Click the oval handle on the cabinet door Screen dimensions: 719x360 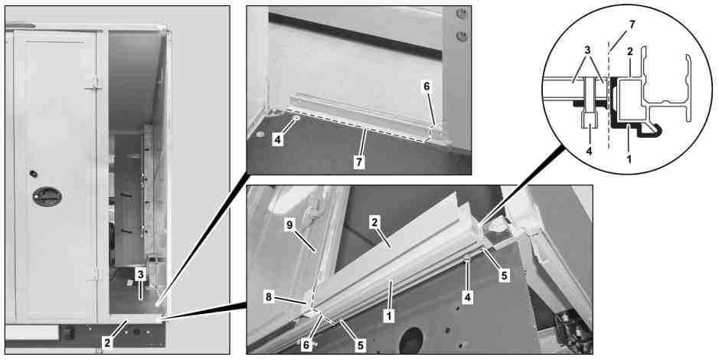pos(47,196)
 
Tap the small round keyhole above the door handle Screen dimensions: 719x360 pos(33,174)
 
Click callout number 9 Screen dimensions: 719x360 pos(290,224)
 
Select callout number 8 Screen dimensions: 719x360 pos(269,297)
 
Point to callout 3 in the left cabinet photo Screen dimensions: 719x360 pos(141,275)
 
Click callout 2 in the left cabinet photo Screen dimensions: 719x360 pos(107,342)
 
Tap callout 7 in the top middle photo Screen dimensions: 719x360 pos(359,162)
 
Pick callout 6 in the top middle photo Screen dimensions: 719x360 pos(426,87)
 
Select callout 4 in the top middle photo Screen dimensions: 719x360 pos(277,140)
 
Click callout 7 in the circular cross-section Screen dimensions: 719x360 pos(632,25)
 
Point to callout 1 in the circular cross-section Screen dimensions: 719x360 pos(629,159)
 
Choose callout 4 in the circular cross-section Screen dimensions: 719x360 pos(589,150)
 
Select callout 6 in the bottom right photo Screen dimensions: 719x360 pos(306,345)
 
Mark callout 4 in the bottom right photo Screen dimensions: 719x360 pos(467,298)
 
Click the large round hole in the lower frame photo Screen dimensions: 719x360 pos(411,340)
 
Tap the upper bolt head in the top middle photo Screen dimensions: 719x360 pos(462,15)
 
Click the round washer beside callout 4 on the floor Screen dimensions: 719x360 pos(296,119)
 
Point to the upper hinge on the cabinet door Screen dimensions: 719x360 pos(94,83)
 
